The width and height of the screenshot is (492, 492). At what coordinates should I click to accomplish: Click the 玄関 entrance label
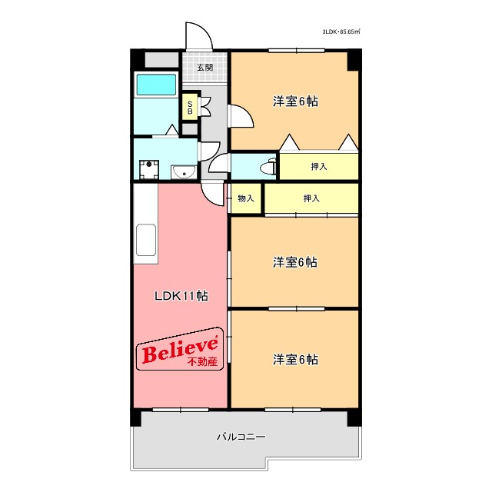coord(204,68)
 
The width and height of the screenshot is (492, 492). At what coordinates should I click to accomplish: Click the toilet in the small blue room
coord(268,165)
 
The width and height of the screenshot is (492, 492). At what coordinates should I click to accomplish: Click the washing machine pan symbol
coord(148,169)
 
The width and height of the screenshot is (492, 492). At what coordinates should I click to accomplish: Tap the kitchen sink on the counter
coord(145,241)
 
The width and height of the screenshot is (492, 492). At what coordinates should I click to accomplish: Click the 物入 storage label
coord(245,199)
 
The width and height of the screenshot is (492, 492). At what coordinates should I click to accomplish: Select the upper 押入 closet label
coord(319,166)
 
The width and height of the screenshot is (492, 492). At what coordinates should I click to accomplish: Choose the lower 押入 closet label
coord(311,199)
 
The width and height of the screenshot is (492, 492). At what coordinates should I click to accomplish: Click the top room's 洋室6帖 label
coord(295,101)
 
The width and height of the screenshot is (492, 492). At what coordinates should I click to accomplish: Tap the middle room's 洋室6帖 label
coord(295,262)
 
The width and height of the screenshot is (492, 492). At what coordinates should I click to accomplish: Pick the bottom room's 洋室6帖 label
coord(295,359)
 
